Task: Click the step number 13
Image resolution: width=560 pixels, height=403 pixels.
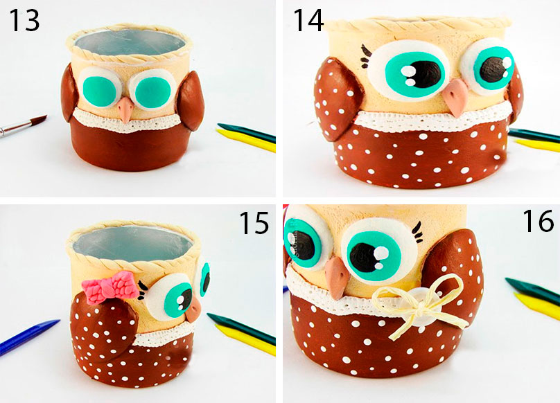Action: point(24,20)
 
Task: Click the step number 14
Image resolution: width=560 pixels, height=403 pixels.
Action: point(308,21)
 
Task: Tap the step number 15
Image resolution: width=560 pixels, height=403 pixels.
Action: point(254,222)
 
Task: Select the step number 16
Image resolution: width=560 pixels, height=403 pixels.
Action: point(539,221)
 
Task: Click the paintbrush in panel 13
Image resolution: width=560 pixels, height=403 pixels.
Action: point(22,125)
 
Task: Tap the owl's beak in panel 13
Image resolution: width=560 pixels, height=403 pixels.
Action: point(125,109)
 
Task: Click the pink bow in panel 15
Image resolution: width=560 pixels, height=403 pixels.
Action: point(110,287)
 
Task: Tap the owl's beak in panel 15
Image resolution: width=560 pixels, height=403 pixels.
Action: point(195,310)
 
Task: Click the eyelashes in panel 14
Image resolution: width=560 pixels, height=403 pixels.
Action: point(365,56)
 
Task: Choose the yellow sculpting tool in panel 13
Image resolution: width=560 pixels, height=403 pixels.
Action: point(247,141)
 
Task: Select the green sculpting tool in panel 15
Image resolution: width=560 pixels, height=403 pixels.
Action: point(241,328)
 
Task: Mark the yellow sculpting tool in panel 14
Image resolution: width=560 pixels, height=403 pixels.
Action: point(537,145)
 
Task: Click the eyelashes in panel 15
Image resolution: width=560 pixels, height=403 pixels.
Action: point(143,290)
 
